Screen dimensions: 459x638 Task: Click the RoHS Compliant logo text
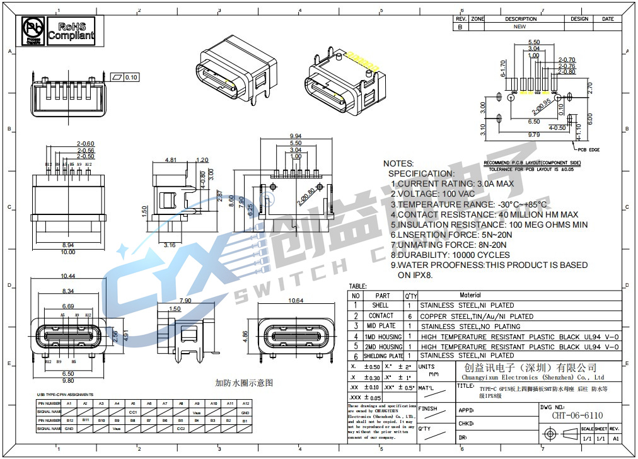(x=70, y=31)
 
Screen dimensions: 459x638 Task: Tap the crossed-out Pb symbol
(x=32, y=30)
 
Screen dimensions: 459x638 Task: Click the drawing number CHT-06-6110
(x=577, y=415)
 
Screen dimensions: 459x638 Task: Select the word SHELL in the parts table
(x=381, y=305)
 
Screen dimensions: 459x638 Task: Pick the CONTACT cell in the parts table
(x=381, y=316)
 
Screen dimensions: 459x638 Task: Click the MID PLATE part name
(x=381, y=326)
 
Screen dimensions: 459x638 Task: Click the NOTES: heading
(x=398, y=163)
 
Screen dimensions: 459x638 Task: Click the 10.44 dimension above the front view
(x=68, y=276)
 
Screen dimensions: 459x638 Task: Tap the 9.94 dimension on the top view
(x=295, y=136)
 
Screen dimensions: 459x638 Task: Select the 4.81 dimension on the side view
(x=170, y=160)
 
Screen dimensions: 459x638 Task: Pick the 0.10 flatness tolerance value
(x=131, y=78)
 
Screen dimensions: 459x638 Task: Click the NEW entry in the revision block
(x=520, y=27)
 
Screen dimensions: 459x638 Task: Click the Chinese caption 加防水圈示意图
(x=244, y=382)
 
